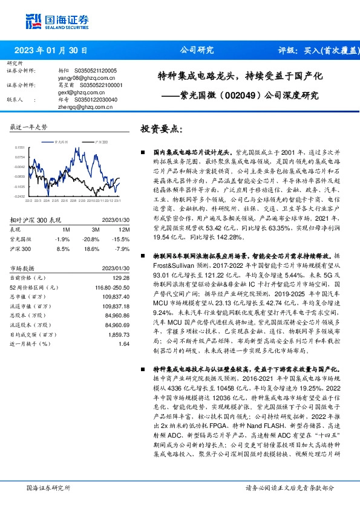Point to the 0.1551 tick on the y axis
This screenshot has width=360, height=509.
click(x=20, y=146)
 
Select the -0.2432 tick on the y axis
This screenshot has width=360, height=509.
click(x=20, y=196)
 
